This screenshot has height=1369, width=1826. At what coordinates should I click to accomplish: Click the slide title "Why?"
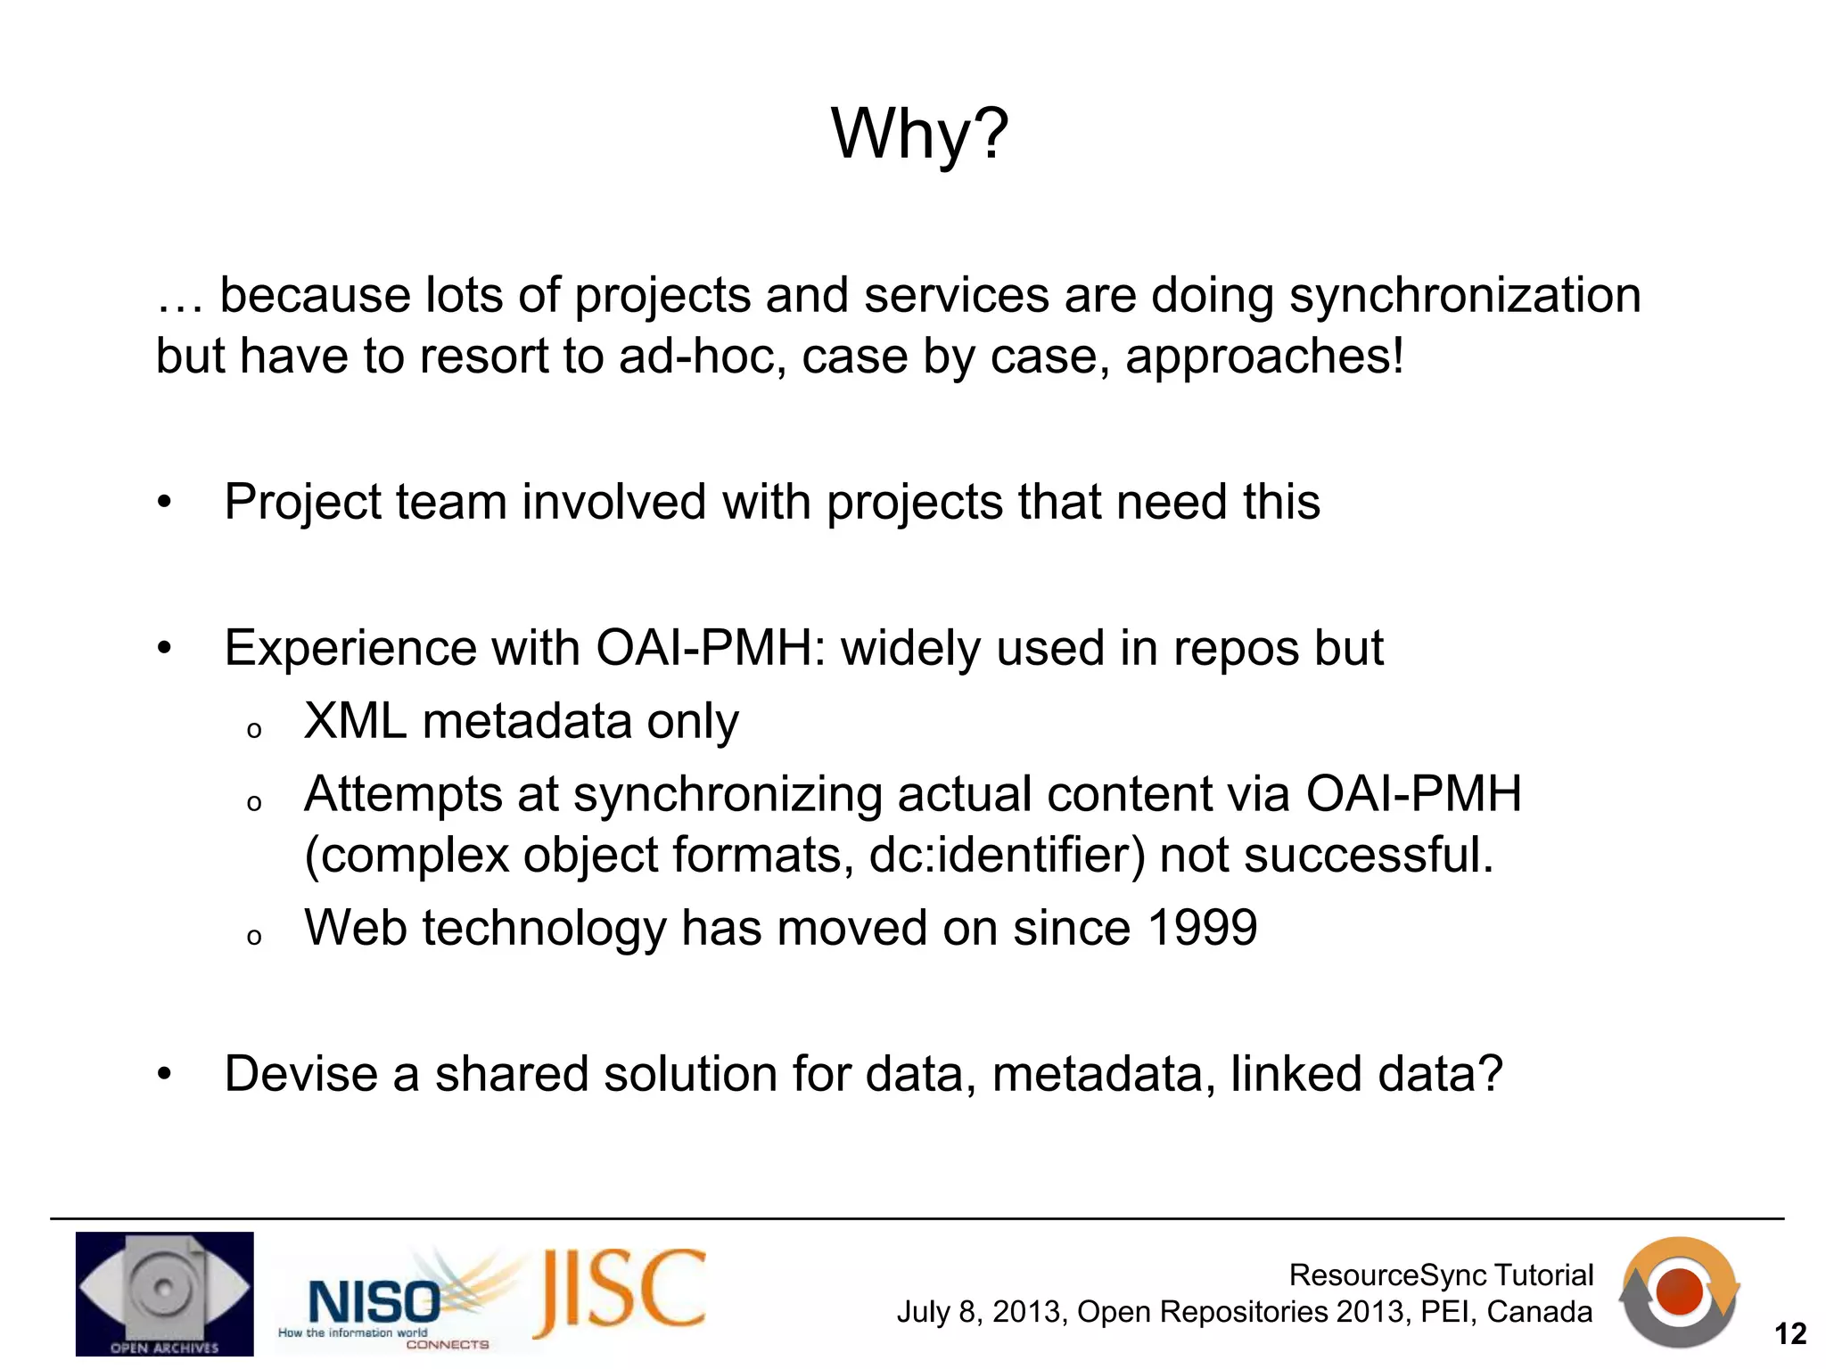919,134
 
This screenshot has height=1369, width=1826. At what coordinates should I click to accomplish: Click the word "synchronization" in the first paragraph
1464,296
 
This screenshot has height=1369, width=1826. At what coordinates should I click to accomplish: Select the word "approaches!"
1264,357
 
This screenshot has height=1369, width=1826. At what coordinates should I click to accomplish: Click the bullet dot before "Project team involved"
164,503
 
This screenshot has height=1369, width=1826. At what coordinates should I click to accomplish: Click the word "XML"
355,721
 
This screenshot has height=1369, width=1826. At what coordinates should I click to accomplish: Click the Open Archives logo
164,1293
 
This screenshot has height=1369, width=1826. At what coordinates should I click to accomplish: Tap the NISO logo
374,1302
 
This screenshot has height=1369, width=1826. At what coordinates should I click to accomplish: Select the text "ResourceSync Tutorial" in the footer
1440,1275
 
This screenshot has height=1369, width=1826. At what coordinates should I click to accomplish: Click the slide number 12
1789,1334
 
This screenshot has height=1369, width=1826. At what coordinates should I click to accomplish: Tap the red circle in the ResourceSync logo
1679,1291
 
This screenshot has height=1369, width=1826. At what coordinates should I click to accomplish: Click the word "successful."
1368,855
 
